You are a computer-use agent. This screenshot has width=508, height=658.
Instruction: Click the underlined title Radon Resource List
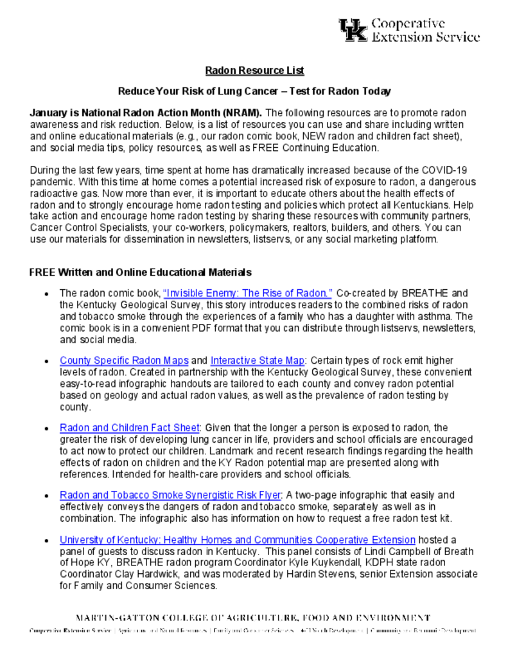click(x=254, y=70)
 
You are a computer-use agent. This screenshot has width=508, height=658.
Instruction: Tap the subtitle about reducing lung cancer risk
click(x=254, y=91)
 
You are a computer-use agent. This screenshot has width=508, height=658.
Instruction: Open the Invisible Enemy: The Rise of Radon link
click(x=248, y=292)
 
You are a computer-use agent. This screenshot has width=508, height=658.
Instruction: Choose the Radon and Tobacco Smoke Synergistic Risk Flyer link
click(x=170, y=495)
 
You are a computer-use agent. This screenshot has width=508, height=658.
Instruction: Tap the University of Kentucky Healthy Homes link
click(x=238, y=540)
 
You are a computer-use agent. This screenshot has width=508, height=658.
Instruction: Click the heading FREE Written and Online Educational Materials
click(x=140, y=272)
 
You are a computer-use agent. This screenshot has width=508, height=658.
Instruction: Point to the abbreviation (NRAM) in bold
click(x=241, y=112)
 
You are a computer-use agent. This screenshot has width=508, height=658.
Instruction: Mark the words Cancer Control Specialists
click(x=83, y=227)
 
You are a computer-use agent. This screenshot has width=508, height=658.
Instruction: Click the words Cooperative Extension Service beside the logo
click(x=426, y=30)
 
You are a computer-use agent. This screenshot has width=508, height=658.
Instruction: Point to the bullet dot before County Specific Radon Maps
click(x=47, y=361)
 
